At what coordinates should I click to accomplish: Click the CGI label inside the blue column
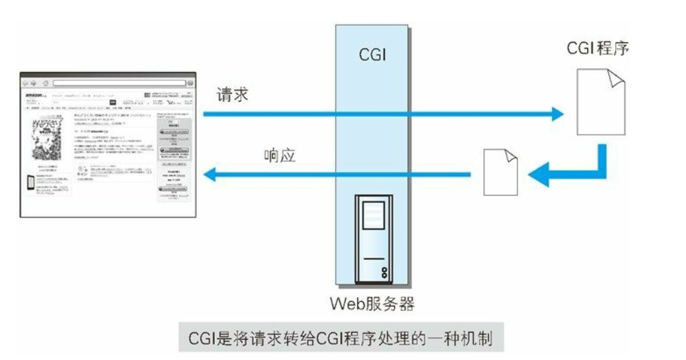click(372, 55)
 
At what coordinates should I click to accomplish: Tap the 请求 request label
click(233, 95)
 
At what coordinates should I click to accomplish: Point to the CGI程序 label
click(598, 50)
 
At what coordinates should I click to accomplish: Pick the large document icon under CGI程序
click(601, 103)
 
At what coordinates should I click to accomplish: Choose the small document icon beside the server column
click(500, 173)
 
